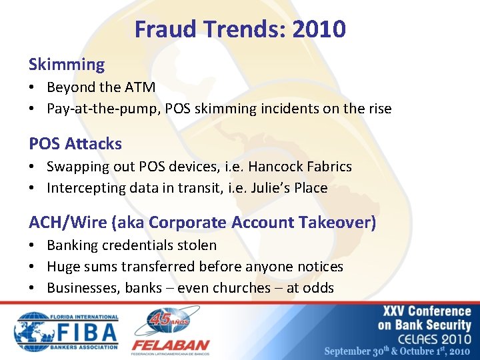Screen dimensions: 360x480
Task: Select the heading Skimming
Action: (x=67, y=65)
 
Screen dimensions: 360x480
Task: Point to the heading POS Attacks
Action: (x=75, y=143)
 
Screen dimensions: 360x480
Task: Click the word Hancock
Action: (x=273, y=167)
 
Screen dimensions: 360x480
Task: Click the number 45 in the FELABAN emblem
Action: (x=161, y=319)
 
